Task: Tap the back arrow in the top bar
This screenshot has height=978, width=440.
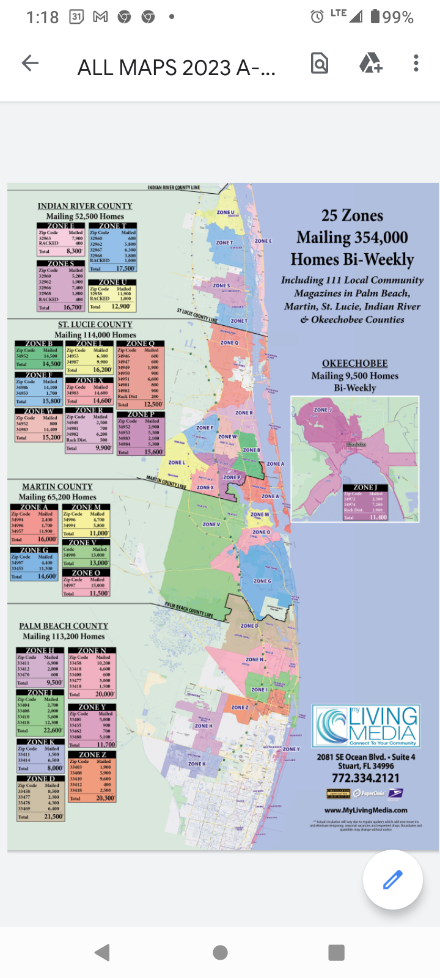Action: (30, 63)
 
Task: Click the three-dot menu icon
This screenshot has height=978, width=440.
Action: (416, 63)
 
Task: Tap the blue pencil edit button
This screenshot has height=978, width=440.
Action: (392, 880)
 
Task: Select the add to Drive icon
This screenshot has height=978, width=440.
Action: (370, 63)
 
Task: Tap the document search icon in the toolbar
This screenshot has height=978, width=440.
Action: (320, 63)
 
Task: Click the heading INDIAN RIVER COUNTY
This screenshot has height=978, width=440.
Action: (85, 206)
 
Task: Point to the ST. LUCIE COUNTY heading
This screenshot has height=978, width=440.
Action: (95, 325)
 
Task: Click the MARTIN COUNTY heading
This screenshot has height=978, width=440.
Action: (57, 487)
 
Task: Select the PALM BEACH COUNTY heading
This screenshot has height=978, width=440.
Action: (64, 626)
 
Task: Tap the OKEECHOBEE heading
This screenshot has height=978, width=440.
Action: (355, 363)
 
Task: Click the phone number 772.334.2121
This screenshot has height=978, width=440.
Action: (365, 778)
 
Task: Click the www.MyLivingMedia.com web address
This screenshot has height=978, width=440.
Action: (365, 810)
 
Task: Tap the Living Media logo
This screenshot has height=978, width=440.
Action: (365, 726)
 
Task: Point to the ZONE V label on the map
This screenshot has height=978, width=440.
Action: (211, 524)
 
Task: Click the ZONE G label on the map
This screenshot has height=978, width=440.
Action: (262, 581)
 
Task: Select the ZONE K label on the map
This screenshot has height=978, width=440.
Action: (197, 764)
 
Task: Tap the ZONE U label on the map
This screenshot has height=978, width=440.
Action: (226, 213)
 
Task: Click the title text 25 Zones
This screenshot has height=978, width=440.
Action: (353, 216)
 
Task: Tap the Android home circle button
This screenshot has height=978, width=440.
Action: (220, 952)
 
